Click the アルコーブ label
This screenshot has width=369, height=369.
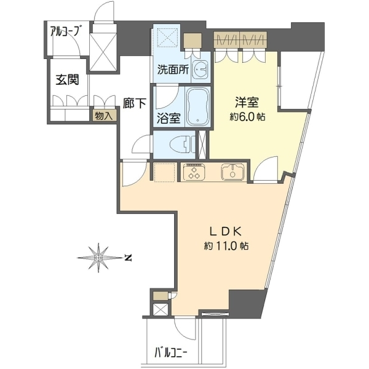click(x=64, y=31)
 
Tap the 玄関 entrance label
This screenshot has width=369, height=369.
click(x=67, y=80)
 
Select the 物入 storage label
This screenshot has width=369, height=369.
click(x=103, y=116)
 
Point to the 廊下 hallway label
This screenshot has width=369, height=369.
click(x=135, y=103)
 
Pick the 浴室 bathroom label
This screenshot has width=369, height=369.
click(x=169, y=118)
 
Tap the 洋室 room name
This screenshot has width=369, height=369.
click(x=247, y=102)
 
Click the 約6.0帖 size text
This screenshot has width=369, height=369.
click(x=247, y=116)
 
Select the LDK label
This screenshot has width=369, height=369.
click(x=226, y=232)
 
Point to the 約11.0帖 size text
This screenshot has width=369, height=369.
click(x=226, y=246)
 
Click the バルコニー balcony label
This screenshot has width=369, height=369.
click(x=171, y=353)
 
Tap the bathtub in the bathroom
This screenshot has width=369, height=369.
click(x=197, y=106)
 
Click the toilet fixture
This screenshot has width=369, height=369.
click(x=181, y=144)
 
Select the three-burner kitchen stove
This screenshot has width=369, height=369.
click(x=194, y=172)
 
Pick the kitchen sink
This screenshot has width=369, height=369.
click(x=232, y=172)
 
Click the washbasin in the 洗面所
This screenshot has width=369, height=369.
click(x=200, y=68)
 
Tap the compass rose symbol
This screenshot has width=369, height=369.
click(x=99, y=258)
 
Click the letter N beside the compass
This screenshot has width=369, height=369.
click(x=128, y=258)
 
